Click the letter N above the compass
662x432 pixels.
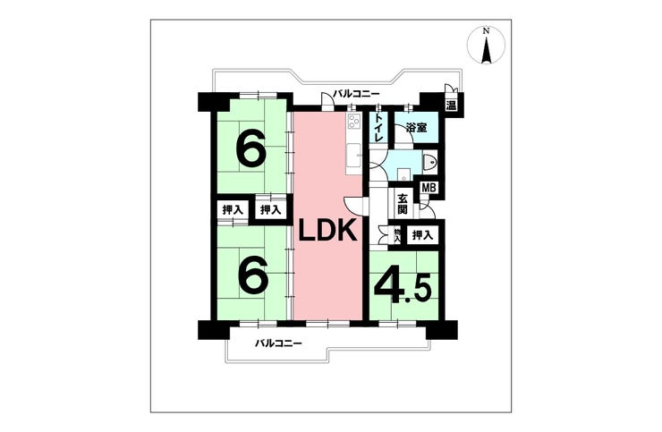click(487, 32)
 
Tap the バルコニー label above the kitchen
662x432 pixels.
click(356, 93)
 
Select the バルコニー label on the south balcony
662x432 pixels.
click(276, 343)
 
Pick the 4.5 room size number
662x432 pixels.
click(403, 289)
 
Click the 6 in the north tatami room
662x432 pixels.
click(250, 150)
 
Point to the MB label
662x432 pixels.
click(429, 188)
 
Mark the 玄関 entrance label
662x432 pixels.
click(403, 204)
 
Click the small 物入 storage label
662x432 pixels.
click(396, 235)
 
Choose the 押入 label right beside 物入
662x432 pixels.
click(421, 235)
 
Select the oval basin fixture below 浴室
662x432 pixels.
click(429, 163)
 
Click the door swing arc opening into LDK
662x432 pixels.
click(354, 204)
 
